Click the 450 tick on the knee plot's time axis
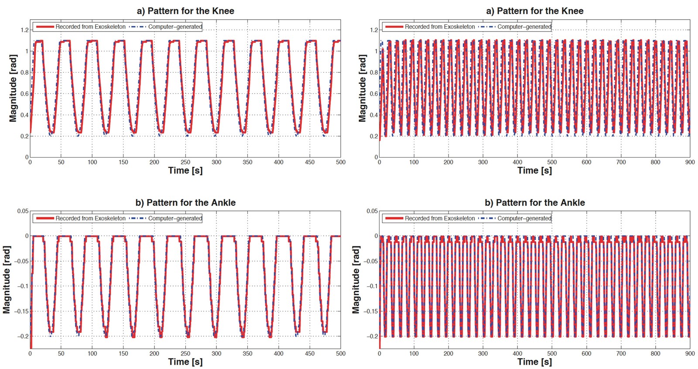[310, 162]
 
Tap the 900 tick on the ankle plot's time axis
[690, 353]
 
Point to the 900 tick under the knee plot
[690, 162]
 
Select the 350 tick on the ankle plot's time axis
[247, 353]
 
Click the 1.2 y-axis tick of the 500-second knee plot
[24, 30]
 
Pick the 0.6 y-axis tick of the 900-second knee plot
[373, 94]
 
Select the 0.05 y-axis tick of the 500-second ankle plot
[23, 211]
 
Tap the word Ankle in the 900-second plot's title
[573, 203]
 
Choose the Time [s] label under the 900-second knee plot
[534, 170]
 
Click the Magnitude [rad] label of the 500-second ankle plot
[7, 279]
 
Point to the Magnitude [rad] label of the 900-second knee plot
[362, 88]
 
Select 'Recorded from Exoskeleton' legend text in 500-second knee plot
[90, 27]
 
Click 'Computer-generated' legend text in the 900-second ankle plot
[524, 218]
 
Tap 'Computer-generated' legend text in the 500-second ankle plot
[175, 218]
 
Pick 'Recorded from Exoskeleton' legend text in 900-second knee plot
[440, 27]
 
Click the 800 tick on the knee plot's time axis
[655, 162]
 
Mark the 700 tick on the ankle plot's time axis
[621, 353]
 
